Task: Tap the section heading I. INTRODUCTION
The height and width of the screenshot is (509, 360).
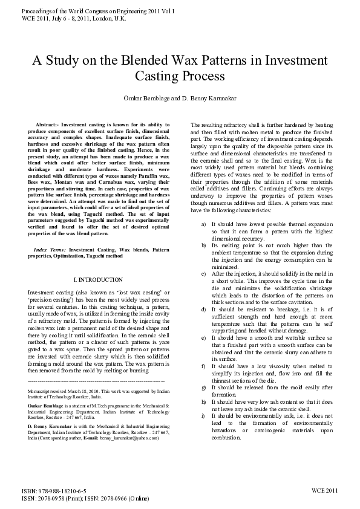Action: (97, 280)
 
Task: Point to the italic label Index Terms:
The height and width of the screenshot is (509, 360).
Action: (50, 249)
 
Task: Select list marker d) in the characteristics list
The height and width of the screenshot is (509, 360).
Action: (203, 309)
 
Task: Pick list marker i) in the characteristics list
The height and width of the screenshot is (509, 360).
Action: (203, 416)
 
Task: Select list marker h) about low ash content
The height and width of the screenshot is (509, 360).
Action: (203, 401)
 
